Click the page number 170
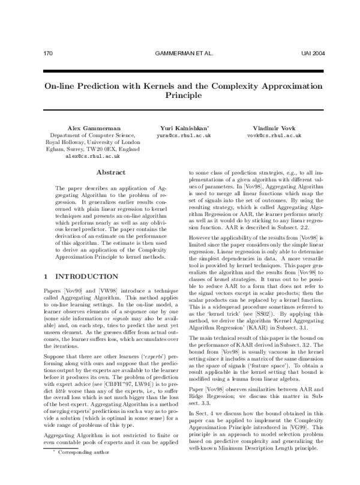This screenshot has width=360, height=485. (49, 53)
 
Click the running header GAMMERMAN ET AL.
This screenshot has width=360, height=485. (184, 53)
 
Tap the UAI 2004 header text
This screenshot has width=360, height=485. (313, 53)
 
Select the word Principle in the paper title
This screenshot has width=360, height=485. (184, 96)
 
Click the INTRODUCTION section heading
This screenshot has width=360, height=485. (86, 276)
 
